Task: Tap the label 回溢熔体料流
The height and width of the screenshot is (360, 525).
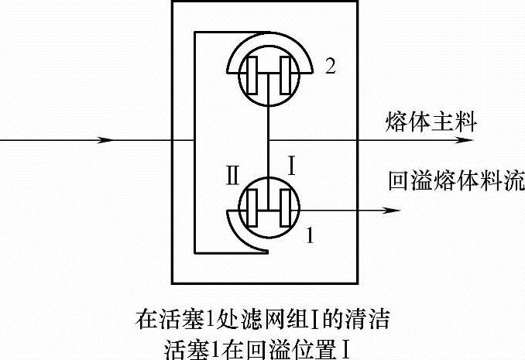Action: click(456, 182)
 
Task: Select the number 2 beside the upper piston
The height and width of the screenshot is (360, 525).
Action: click(330, 67)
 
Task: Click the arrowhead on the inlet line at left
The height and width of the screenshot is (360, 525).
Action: click(106, 141)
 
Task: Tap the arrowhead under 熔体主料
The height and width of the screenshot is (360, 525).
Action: click(462, 141)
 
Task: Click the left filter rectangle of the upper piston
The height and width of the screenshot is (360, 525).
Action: click(252, 74)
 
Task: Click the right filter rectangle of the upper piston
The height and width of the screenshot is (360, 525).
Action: click(286, 74)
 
